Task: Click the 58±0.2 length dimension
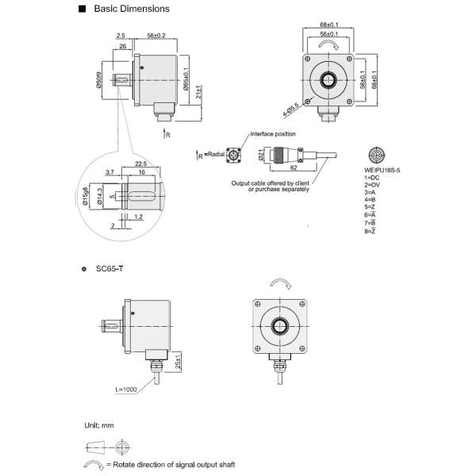156,36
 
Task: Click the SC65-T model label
109,270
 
